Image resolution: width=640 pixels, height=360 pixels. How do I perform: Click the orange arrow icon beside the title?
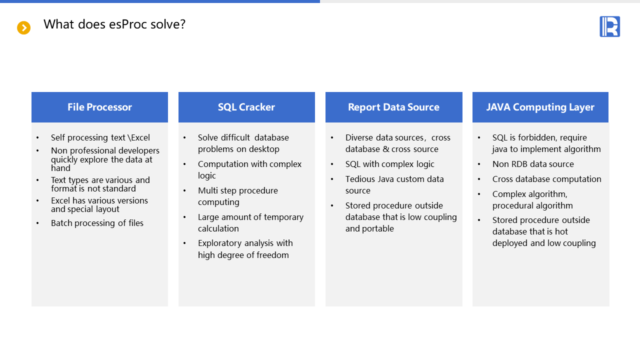[23, 27]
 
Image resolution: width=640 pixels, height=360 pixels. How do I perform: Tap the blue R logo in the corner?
[609, 26]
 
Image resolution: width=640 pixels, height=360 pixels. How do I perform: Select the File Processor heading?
[99, 107]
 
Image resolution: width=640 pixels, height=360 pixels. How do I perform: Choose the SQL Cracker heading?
[246, 107]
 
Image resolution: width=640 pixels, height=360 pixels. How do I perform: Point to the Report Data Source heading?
[393, 107]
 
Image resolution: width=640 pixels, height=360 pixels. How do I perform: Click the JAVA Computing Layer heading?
[540, 107]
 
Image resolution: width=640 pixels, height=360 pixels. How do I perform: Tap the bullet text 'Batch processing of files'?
[97, 223]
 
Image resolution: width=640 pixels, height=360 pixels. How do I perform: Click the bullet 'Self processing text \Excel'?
[100, 137]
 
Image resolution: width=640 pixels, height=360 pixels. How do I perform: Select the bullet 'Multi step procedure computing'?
[237, 196]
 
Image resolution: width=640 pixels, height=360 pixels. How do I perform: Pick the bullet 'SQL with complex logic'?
[389, 164]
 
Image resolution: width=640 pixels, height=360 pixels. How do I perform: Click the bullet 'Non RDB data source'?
[533, 164]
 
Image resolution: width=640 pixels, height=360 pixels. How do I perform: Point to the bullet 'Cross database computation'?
[546, 179]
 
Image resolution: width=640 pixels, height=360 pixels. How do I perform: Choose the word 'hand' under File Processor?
[60, 168]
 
